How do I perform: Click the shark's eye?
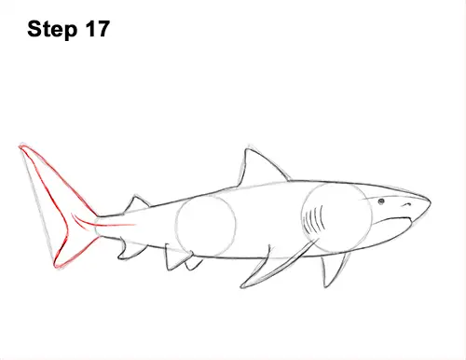tap(381, 201)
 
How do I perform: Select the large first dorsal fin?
tap(257, 169)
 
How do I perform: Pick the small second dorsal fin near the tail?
tap(137, 204)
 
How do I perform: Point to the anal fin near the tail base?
tap(130, 249)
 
